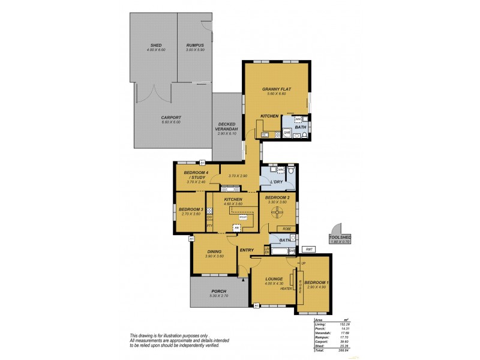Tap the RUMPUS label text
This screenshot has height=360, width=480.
(x=194, y=45)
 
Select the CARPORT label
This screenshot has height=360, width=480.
(x=170, y=118)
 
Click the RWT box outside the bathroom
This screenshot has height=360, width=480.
(x=310, y=249)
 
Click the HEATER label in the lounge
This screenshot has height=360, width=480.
(x=286, y=289)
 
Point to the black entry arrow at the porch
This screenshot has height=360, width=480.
(x=242, y=278)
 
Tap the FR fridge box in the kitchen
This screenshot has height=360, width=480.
(x=237, y=228)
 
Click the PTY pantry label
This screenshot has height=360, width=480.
(x=209, y=225)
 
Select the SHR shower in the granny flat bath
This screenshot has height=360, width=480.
(x=287, y=132)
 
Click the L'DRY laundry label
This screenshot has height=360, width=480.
(x=276, y=181)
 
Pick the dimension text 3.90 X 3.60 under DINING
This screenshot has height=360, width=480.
(x=214, y=256)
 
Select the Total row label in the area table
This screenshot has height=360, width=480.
(x=319, y=350)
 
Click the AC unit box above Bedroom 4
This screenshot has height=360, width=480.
(x=202, y=163)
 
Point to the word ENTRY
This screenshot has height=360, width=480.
(x=247, y=250)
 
